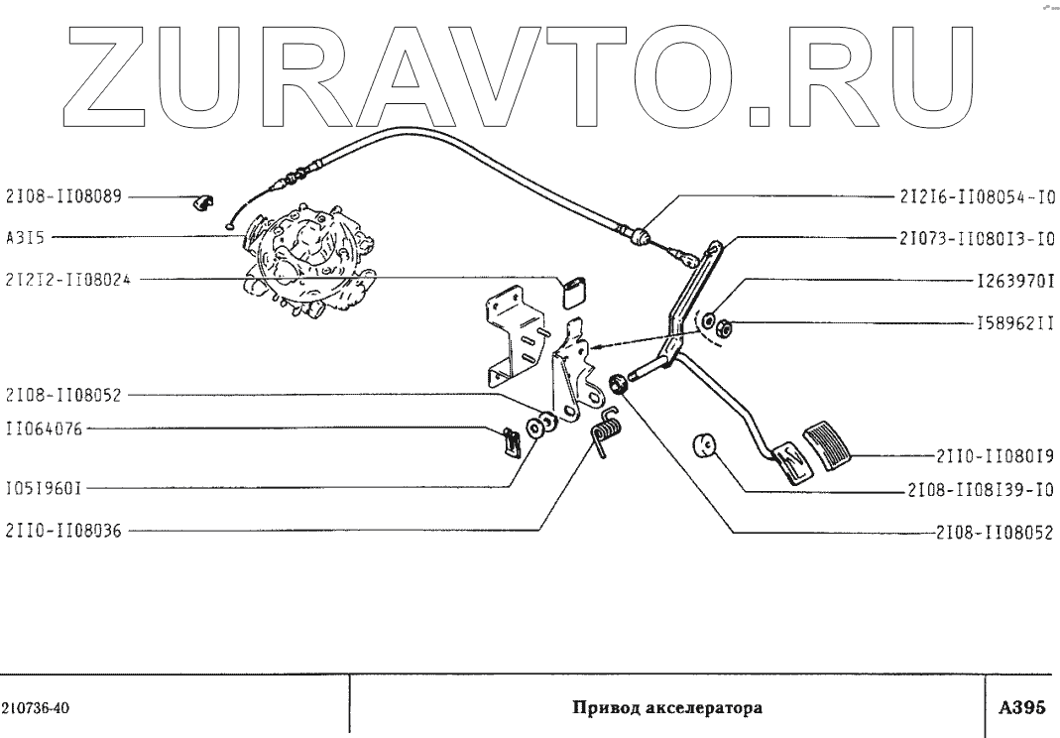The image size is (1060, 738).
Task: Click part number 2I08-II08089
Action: coord(63,197)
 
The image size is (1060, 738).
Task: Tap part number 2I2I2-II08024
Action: coord(69,281)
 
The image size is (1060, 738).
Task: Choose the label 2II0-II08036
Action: coord(63,531)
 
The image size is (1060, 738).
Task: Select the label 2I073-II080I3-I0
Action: coord(978,239)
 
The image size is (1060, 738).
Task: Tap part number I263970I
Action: coord(1014,281)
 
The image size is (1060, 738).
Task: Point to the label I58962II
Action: coord(1014,323)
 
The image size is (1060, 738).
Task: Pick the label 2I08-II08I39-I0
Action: coord(978,490)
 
